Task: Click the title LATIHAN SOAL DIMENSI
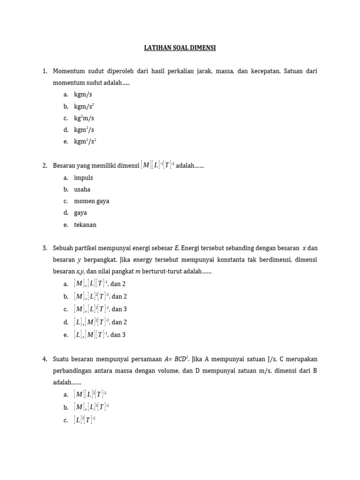(180, 48)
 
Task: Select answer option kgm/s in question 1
(83, 95)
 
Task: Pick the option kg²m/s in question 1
(84, 118)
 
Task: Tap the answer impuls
(83, 178)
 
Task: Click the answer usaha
(82, 189)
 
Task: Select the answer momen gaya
(91, 201)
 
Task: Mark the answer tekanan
(85, 225)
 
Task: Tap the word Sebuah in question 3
(64, 248)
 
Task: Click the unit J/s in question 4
(271, 359)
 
